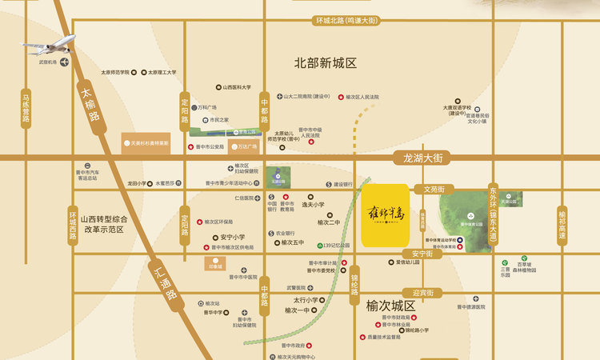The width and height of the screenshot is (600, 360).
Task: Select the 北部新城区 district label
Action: pyautogui.click(x=325, y=62)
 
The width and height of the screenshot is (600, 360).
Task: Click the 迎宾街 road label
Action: pyautogui.click(x=416, y=293)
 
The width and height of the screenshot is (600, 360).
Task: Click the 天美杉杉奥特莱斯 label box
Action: pyautogui.click(x=146, y=143)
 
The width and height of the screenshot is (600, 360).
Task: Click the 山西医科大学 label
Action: pyautogui.click(x=235, y=87)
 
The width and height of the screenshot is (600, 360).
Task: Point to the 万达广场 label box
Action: pyautogui.click(x=246, y=147)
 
